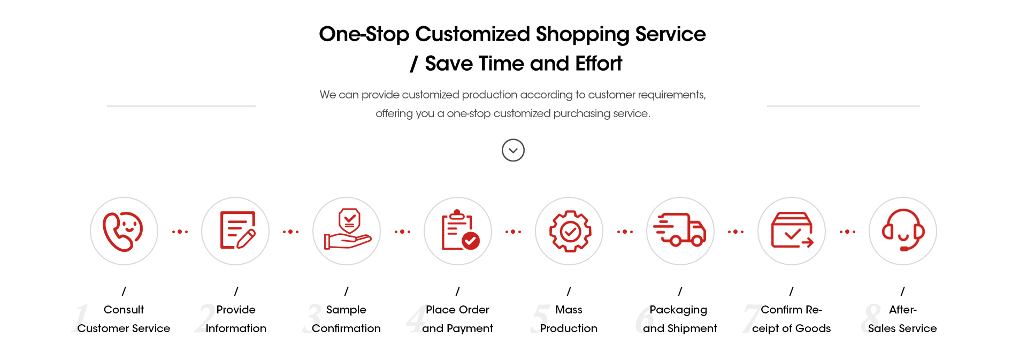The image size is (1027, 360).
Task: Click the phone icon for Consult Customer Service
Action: point(123,231)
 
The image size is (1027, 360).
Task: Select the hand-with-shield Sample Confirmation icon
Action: point(348,229)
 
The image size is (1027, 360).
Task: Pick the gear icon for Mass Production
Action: point(570,231)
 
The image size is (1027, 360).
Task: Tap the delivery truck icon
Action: point(680,229)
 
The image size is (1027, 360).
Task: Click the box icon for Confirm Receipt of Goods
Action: point(792,230)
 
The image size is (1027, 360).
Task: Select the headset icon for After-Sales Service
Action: point(903,230)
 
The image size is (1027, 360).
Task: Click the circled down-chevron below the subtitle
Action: point(513,150)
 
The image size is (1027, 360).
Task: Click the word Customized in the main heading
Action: point(473,34)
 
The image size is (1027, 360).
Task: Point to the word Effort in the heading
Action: point(599,64)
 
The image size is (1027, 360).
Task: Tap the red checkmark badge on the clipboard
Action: point(471,241)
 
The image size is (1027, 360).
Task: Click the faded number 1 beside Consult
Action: point(82,318)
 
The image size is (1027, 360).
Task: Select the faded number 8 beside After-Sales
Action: point(871,318)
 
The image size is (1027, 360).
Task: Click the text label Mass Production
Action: point(569,319)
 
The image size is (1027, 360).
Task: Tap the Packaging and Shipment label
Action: point(680,319)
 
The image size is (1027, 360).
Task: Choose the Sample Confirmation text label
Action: point(346,319)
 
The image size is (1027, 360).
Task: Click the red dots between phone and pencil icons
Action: point(180,232)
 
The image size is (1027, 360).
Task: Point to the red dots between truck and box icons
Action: point(735,232)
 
